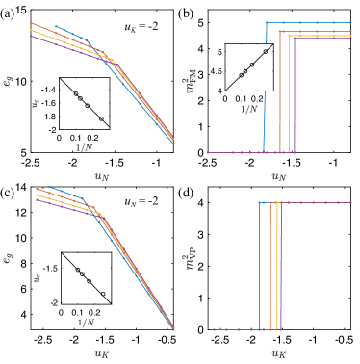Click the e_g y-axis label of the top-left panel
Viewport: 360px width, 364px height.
[9, 82]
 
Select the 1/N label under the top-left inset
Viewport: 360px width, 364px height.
[84, 146]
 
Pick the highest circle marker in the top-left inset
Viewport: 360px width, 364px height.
[75, 93]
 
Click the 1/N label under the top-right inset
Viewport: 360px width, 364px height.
[248, 107]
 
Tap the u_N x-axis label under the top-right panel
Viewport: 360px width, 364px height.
[278, 177]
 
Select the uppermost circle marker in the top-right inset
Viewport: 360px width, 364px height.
[252, 65]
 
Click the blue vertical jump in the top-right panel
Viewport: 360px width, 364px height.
[265, 87]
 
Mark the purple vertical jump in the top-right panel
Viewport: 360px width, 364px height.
[294, 96]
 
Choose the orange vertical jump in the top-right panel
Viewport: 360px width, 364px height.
[280, 91]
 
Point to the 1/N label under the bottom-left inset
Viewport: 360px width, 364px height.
[85, 322]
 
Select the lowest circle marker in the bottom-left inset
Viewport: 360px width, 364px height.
[102, 293]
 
